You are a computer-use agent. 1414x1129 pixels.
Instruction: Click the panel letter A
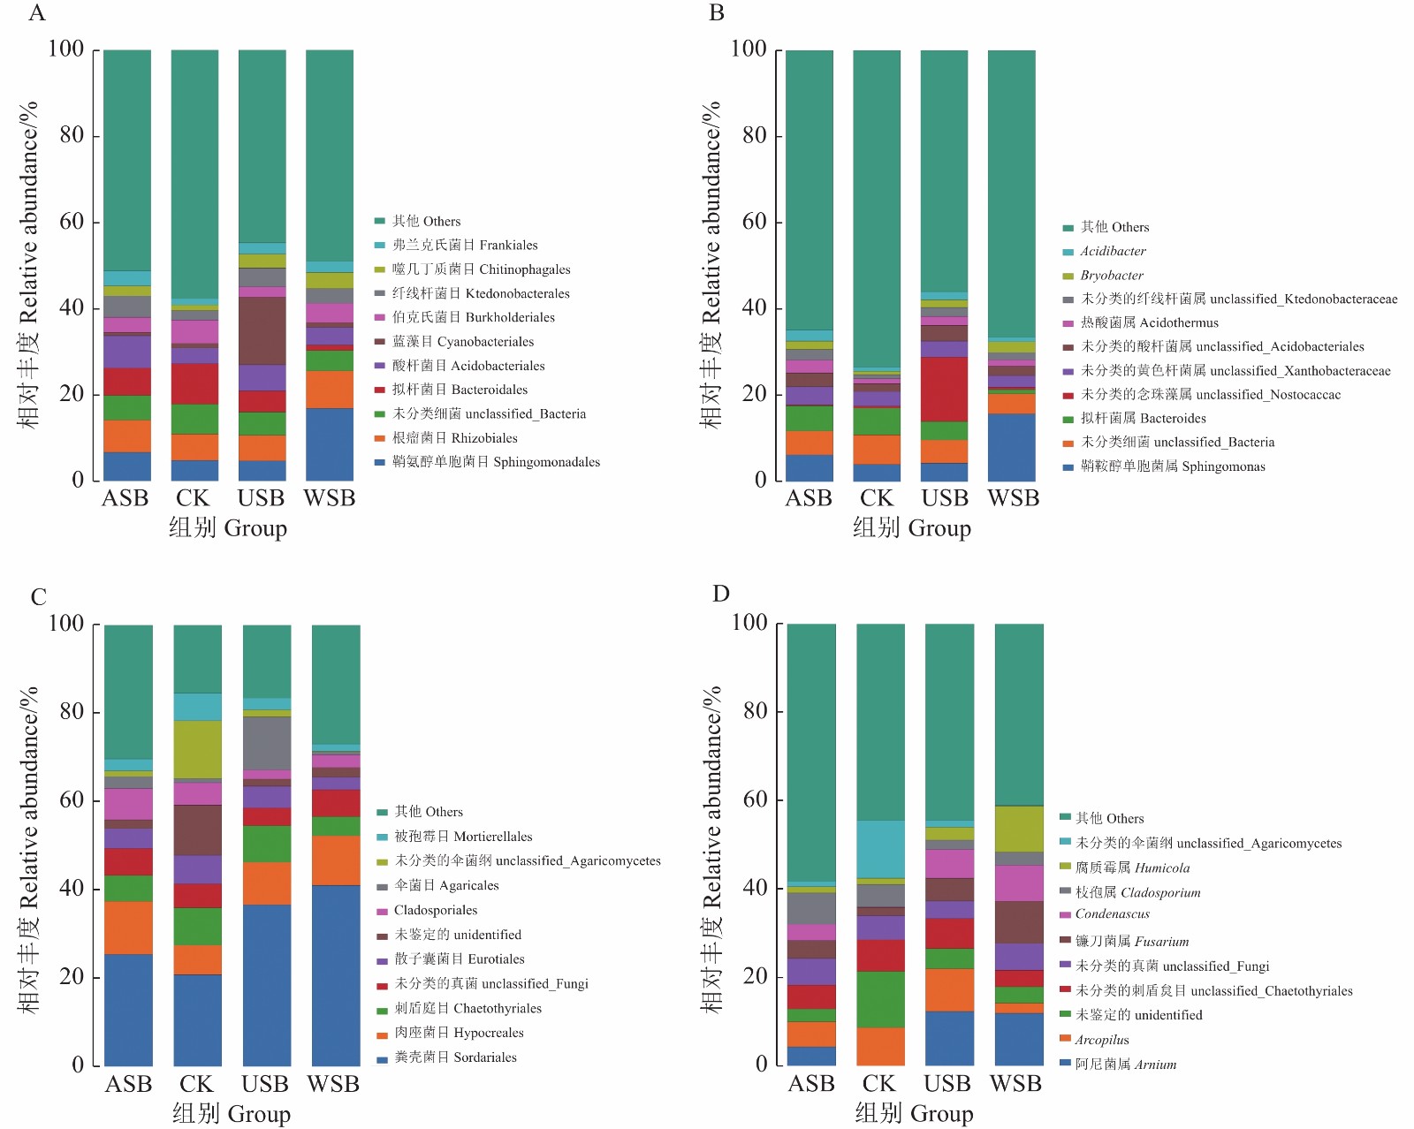point(36,13)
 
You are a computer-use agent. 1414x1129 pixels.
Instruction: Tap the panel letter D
point(721,594)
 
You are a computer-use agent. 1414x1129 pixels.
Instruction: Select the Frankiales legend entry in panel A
point(465,246)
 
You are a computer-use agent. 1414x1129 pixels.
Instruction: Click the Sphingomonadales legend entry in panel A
point(496,462)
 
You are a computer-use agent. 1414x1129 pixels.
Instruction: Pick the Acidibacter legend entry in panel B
point(1113,252)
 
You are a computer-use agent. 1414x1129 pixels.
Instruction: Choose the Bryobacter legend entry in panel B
point(1112,276)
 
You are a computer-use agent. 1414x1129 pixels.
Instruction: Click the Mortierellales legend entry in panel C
point(463,837)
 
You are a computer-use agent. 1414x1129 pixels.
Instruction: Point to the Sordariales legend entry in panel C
point(455,1057)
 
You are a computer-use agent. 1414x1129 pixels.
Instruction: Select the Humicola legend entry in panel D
point(1132,868)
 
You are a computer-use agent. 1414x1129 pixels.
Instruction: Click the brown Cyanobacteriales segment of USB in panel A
point(262,330)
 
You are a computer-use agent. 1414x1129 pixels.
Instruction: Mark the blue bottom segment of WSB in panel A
point(330,444)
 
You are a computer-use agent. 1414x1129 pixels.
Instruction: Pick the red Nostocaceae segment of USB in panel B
point(944,389)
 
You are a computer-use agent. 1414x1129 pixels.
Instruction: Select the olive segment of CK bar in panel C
point(197,749)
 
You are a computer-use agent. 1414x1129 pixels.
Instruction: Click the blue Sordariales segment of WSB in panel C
point(336,975)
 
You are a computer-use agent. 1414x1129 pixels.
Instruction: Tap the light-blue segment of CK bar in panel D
point(880,849)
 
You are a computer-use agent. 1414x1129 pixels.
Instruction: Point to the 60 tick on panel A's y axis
point(72,222)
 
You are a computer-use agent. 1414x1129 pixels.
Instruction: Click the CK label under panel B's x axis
point(877,499)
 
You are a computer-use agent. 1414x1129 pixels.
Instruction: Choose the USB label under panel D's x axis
point(947,1084)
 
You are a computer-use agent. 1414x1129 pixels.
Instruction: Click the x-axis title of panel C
point(232,1114)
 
